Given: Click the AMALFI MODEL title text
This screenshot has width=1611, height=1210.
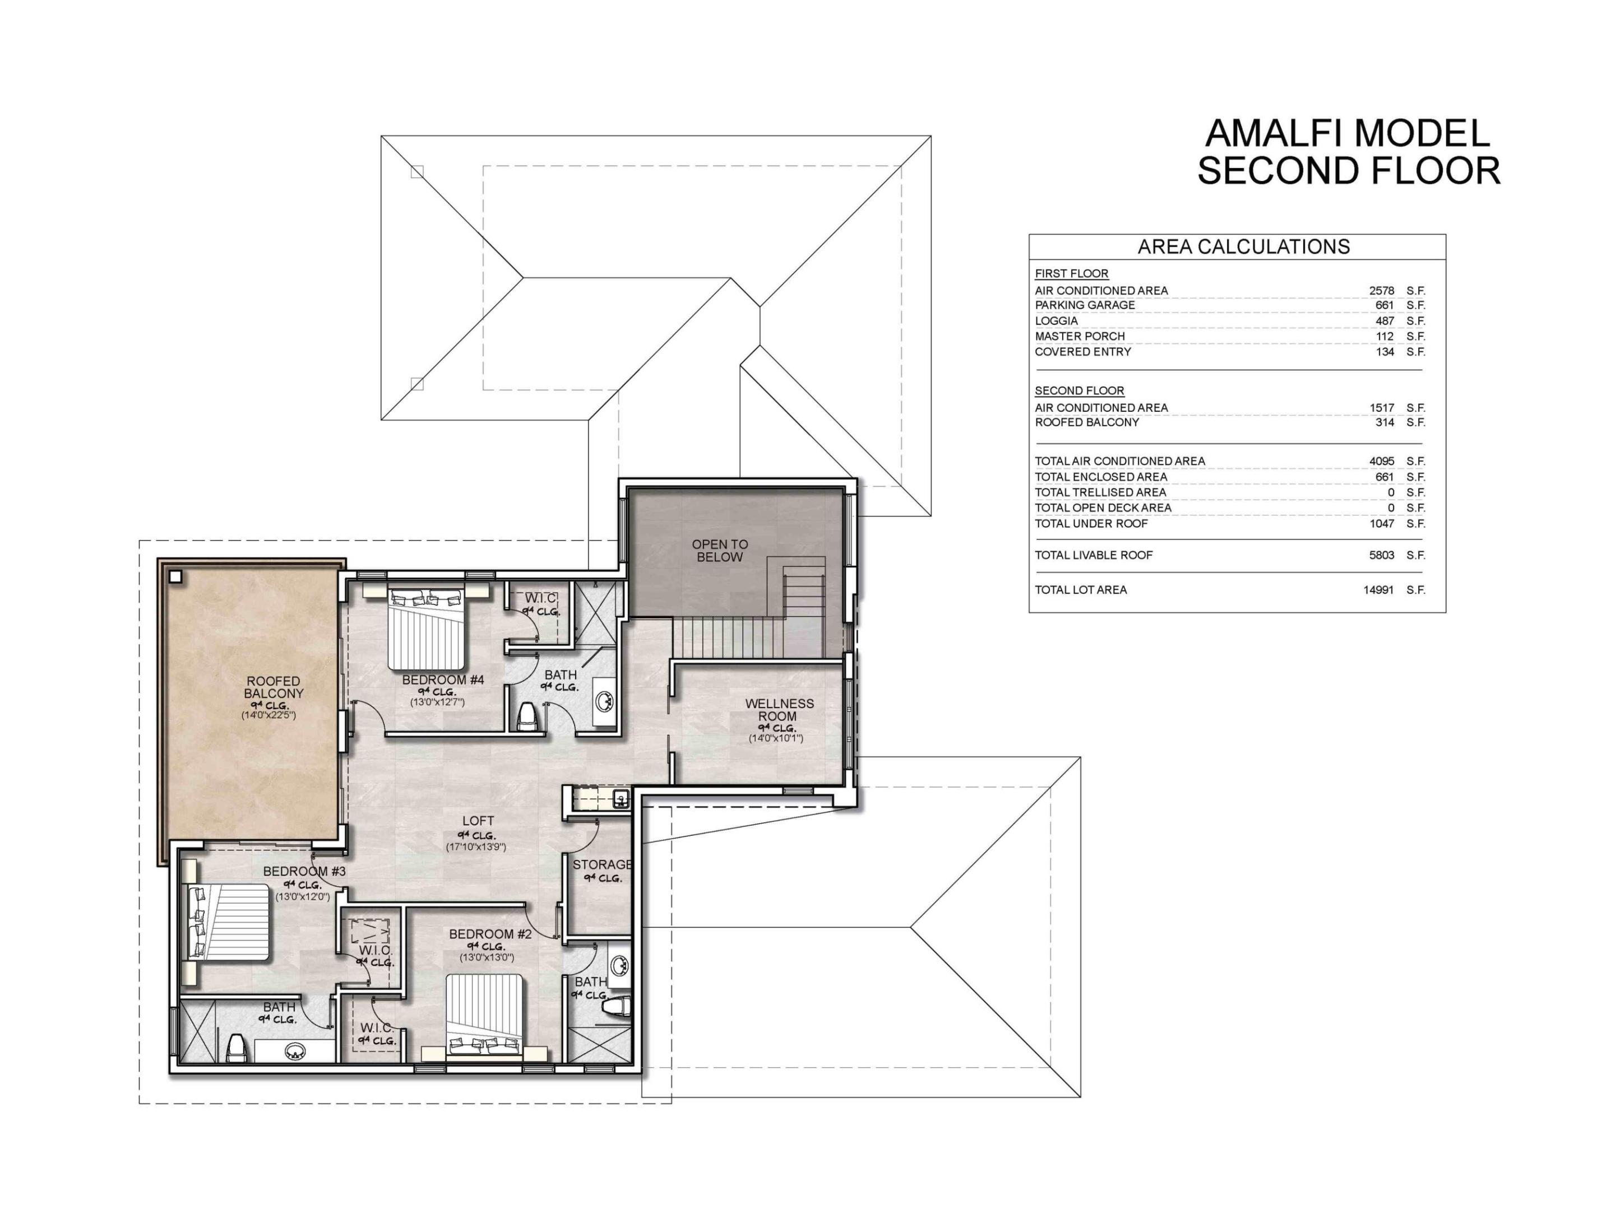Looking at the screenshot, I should pyautogui.click(x=1348, y=133).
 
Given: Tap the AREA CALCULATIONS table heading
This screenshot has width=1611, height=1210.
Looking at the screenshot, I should pyautogui.click(x=1243, y=247).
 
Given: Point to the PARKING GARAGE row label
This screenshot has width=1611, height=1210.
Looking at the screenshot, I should pyautogui.click(x=1085, y=305).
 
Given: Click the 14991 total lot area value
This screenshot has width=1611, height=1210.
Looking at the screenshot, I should pyautogui.click(x=1378, y=590).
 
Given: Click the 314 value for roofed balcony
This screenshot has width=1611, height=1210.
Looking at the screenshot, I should pyautogui.click(x=1384, y=422).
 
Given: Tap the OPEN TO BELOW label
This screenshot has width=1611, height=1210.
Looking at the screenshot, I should pyautogui.click(x=720, y=551).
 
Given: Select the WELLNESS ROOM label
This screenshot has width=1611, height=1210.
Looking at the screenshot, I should pyautogui.click(x=779, y=709).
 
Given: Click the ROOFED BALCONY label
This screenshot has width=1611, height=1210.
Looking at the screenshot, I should pyautogui.click(x=273, y=687).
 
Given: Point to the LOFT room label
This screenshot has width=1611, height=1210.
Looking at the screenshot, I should pyautogui.click(x=478, y=821).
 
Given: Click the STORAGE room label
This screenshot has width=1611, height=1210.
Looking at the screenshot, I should pyautogui.click(x=601, y=864).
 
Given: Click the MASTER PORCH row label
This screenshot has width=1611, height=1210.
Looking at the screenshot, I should pyautogui.click(x=1080, y=336).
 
